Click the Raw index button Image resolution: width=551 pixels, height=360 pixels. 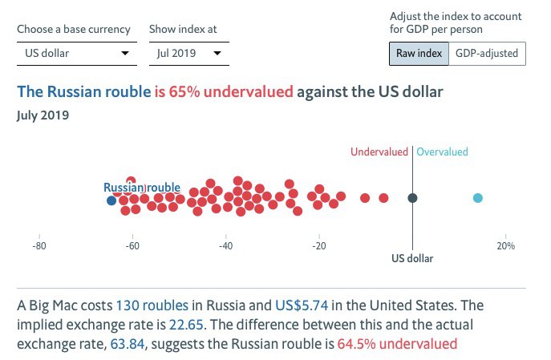(419, 54)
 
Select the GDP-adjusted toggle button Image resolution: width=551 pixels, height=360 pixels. (487, 54)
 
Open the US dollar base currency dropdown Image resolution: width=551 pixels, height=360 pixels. (75, 54)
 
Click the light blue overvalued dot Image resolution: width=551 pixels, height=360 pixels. (478, 198)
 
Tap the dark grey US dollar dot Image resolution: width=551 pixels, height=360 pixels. (412, 198)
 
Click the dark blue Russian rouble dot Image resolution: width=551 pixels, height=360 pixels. (111, 200)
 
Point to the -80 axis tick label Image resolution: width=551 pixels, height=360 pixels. (38, 245)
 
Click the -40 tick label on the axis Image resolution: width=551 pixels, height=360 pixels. (225, 245)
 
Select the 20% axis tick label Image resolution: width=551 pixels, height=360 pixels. (504, 245)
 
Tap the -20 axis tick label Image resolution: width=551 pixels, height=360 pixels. (318, 245)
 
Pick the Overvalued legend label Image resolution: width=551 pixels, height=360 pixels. (442, 152)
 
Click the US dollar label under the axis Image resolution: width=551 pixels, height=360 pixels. (412, 259)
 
